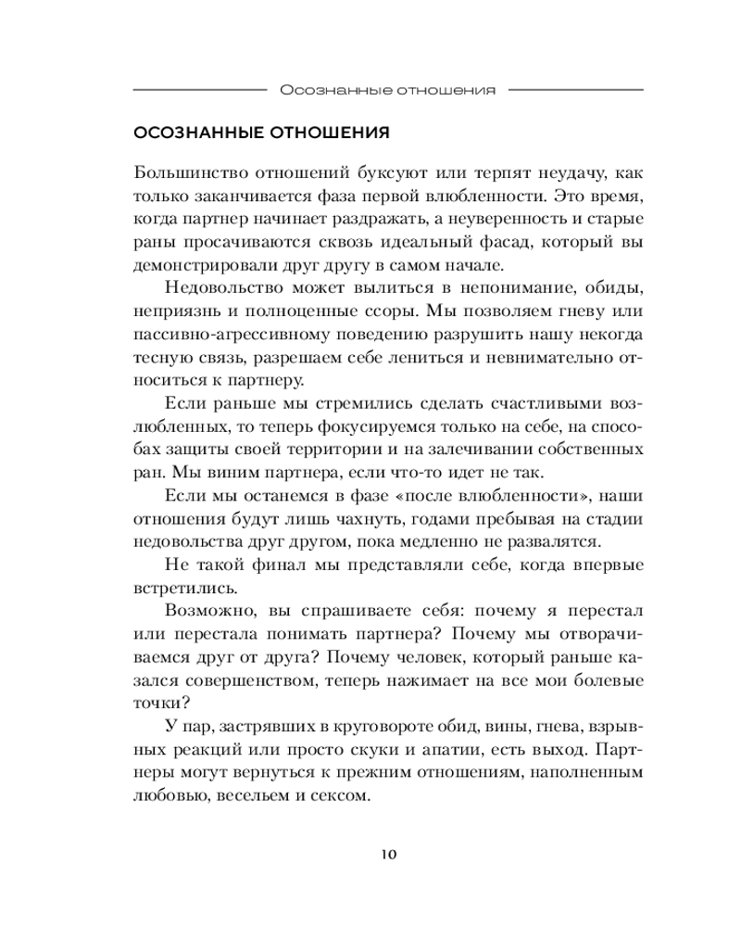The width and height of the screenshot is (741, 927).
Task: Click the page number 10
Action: click(388, 854)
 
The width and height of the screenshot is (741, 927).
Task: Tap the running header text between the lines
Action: click(388, 90)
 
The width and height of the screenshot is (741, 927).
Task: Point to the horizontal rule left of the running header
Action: click(199, 90)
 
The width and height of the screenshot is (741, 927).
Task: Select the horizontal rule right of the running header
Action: click(577, 90)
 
